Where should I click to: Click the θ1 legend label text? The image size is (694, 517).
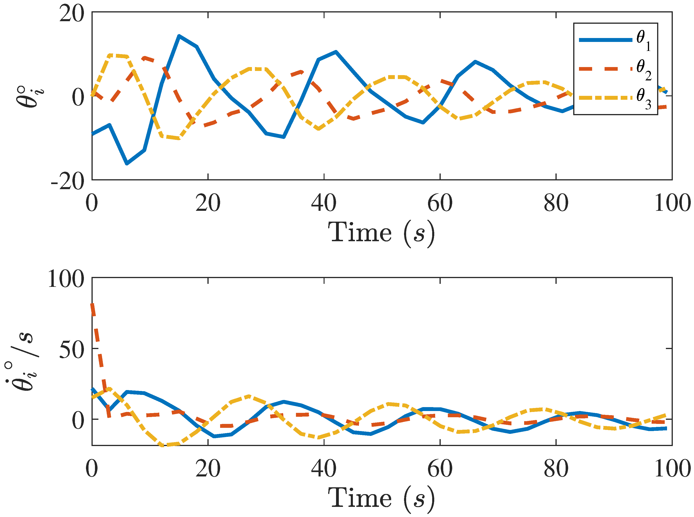643,41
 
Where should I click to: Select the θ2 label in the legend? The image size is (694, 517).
643,70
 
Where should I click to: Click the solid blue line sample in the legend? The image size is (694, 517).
605,40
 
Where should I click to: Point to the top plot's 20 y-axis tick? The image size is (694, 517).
72,14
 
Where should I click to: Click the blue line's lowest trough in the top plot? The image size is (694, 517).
127,163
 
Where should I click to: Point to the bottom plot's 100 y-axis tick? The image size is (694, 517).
66,279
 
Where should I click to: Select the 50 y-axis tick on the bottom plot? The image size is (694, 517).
72,350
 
